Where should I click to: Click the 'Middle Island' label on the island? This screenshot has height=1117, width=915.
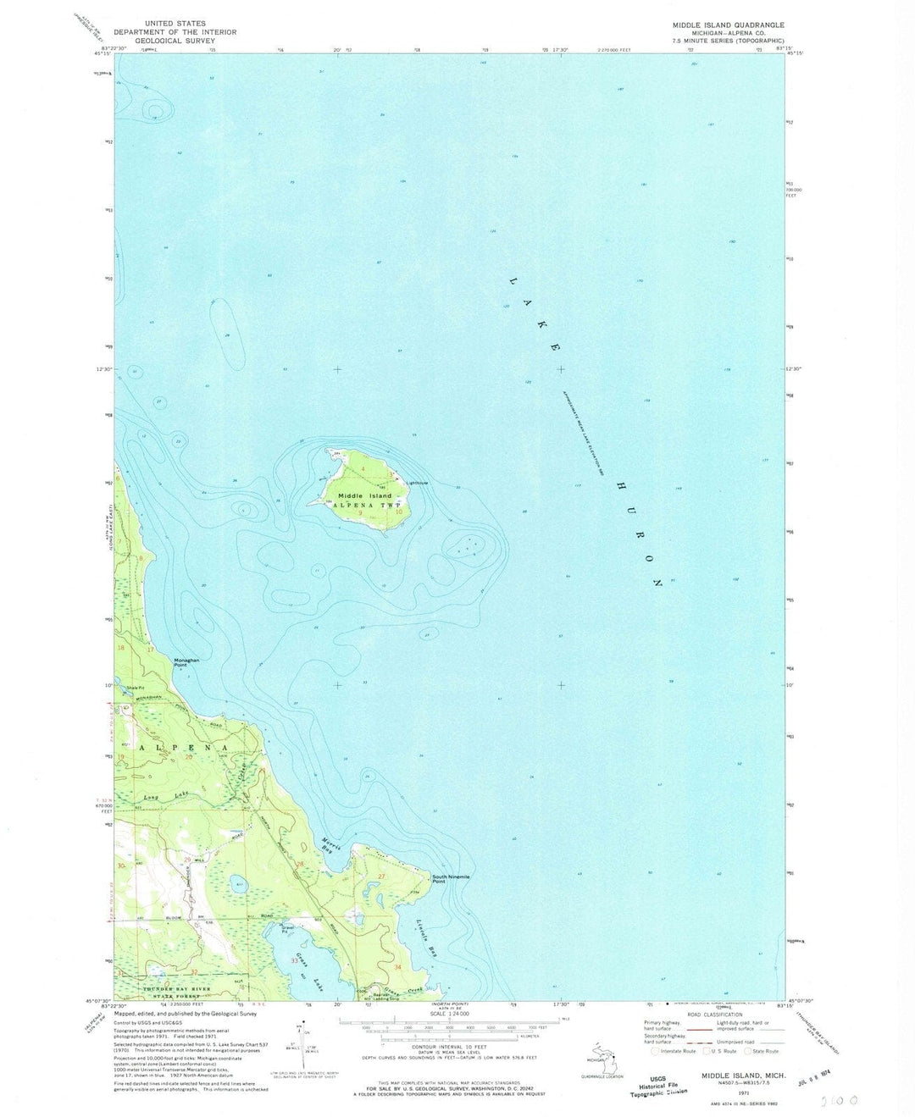[x=365, y=495]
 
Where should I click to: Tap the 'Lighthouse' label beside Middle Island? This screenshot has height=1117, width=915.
[x=418, y=484]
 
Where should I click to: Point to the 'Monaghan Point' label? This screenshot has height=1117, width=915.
[x=186, y=662]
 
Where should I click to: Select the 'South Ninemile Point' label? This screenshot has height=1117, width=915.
[x=451, y=879]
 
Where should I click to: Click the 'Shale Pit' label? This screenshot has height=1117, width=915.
[x=136, y=687]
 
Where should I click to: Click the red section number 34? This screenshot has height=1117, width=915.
[x=397, y=966]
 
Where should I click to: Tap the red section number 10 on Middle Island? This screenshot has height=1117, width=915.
[x=398, y=511]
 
